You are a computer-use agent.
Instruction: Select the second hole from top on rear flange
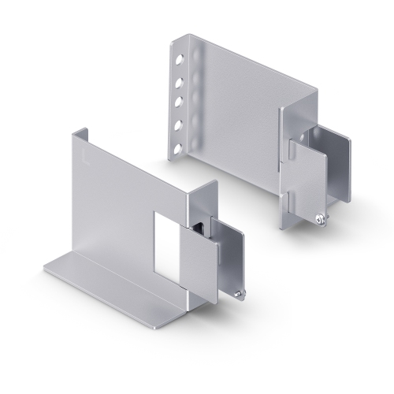180,80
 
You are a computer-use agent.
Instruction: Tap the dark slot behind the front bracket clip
202,226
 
